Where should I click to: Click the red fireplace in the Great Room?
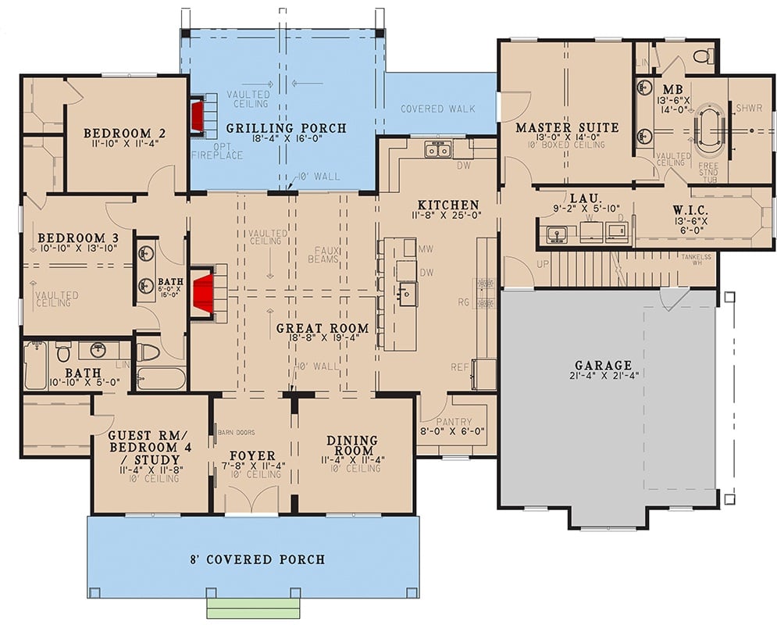205,292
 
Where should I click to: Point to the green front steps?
252,608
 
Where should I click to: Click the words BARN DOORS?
236,431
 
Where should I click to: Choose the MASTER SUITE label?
566,127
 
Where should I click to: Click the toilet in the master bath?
703,55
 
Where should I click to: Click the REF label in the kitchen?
460,366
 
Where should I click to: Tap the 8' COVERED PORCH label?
258,559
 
